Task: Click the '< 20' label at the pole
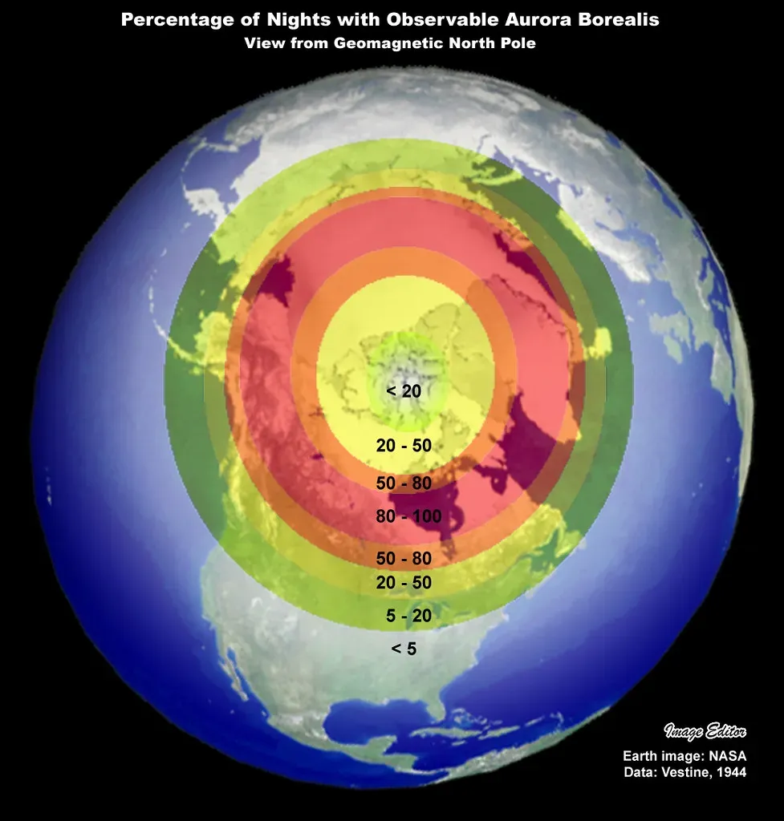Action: (404, 391)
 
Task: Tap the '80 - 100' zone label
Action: (408, 516)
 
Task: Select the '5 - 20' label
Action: (408, 616)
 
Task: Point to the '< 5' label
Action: (404, 648)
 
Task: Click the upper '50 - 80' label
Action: (404, 483)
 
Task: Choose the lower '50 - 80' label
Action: (404, 558)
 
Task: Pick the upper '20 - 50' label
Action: (404, 446)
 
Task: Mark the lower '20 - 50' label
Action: (404, 583)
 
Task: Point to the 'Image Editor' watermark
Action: (705, 730)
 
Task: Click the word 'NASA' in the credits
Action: (728, 756)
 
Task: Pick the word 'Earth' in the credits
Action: (640, 756)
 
